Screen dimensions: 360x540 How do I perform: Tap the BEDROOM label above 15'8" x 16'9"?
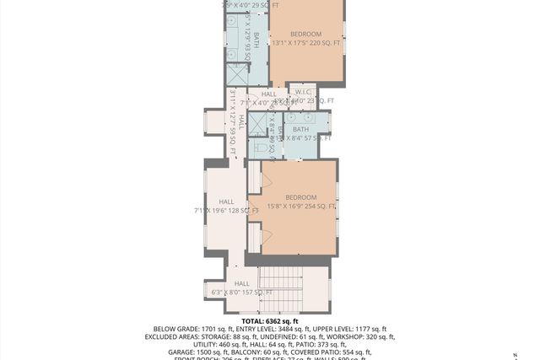coord(300,197)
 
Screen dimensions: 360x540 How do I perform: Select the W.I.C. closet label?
coord(301,91)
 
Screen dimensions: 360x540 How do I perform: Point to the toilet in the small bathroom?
coord(262,148)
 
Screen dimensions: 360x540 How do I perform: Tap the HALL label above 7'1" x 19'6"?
coord(226,201)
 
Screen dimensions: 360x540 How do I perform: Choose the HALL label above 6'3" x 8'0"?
coord(242,283)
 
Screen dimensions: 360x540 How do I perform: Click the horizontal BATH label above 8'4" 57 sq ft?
coord(300,129)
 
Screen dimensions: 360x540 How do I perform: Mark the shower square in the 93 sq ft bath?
coord(236,75)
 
